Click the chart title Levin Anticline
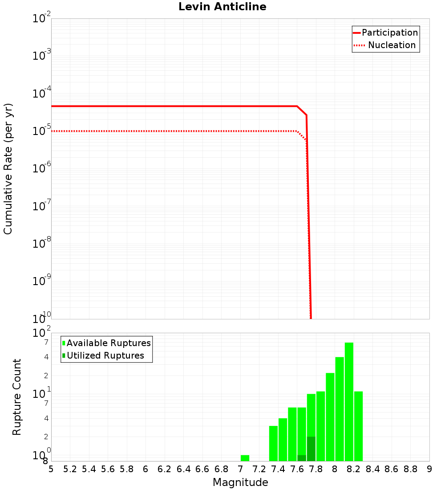[x=222, y=7]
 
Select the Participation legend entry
[x=385, y=33]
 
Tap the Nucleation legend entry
[x=385, y=45]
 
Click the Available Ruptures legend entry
[x=107, y=343]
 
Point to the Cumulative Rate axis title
[x=8, y=168]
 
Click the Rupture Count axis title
[x=17, y=396]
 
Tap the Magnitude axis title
[x=240, y=482]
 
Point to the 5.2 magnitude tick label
[x=70, y=469]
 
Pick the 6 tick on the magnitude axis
[x=146, y=469]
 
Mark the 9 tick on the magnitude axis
[x=429, y=469]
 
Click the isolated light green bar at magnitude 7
[x=245, y=458]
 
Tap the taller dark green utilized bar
[x=311, y=449]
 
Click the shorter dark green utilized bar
[x=302, y=458]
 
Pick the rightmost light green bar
[x=358, y=426]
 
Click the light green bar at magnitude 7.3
[x=273, y=443]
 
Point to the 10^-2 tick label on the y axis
[x=42, y=19]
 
